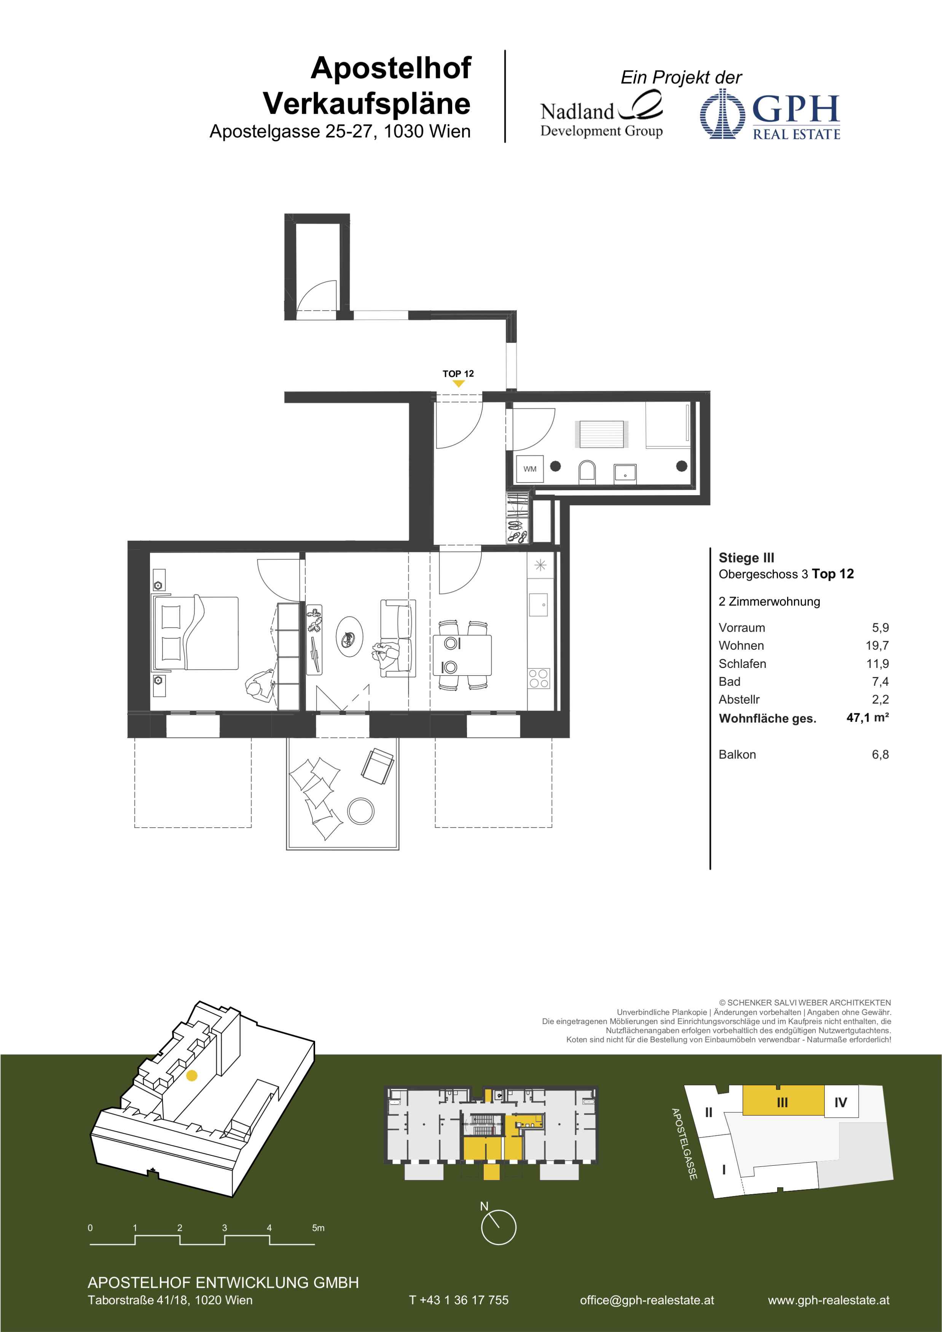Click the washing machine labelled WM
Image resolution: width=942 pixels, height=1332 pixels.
529,469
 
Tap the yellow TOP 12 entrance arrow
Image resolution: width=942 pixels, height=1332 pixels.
458,383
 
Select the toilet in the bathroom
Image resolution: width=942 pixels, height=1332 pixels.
587,472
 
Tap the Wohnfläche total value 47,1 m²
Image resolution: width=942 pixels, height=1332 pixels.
867,718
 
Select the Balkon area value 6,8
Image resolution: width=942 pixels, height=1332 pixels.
880,754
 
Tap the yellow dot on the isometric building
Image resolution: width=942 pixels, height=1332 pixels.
192,1075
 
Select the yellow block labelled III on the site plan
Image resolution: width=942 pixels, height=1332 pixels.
783,1101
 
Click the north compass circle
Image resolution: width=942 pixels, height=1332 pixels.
498,1227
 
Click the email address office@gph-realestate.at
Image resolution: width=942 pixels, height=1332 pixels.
647,1300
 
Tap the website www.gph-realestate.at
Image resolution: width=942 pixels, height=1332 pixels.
828,1300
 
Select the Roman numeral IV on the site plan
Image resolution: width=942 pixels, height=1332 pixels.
840,1102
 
